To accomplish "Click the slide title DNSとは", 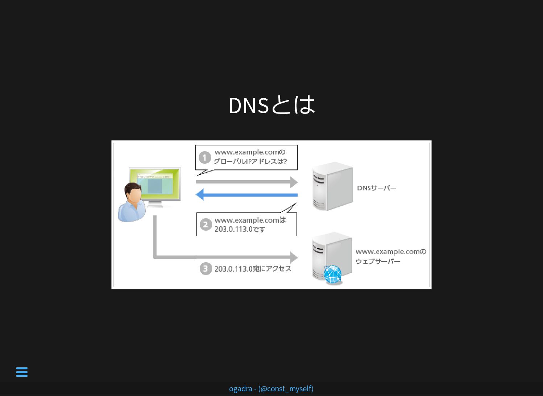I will [272, 105].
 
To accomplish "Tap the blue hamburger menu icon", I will [22, 372].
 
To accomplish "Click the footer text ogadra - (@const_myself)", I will [271, 389].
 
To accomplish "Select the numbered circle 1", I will [205, 158].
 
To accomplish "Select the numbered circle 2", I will [206, 225].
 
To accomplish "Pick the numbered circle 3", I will [206, 269].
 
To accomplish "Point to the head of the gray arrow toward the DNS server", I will [294, 182].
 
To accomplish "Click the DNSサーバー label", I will [377, 188].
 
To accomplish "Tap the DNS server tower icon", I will [332, 186].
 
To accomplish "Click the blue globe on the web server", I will [332, 275].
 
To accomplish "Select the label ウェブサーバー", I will [378, 261].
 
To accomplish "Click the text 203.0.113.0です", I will [240, 229].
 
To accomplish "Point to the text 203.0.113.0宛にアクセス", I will [253, 269].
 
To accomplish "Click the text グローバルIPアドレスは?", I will [250, 161].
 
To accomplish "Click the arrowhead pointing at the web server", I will [294, 257].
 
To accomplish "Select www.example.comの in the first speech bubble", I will [250, 152].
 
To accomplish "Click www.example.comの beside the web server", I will [391, 252].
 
